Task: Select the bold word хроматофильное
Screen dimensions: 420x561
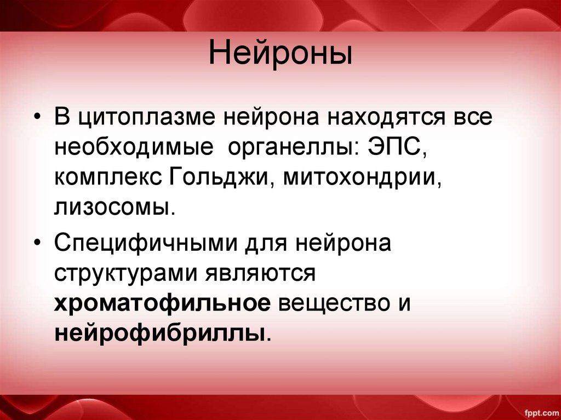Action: [x=162, y=303]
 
